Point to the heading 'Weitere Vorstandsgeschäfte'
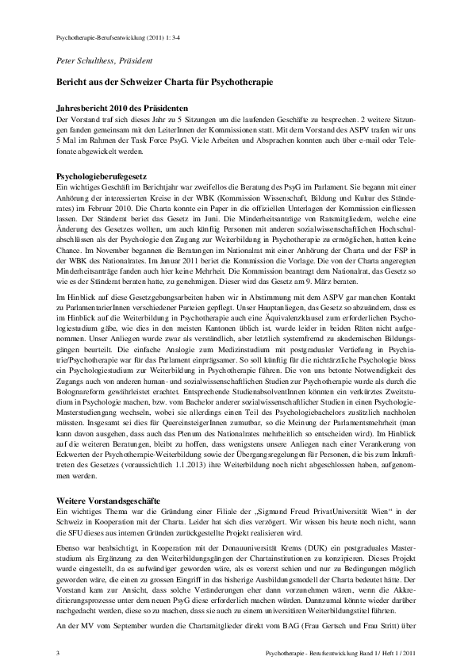[109, 502]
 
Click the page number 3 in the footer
[59, 652]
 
